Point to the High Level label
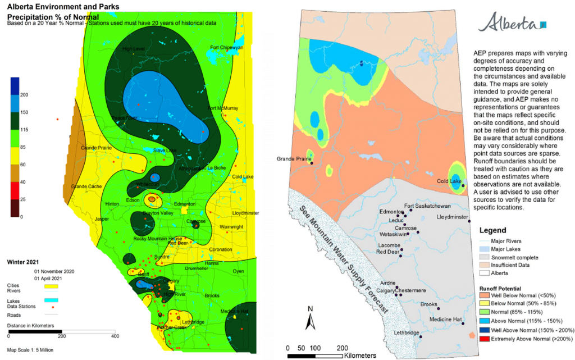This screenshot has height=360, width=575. (x=133, y=49)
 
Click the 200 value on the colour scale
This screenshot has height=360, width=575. (x=24, y=94)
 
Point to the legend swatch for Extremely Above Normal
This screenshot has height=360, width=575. (x=485, y=339)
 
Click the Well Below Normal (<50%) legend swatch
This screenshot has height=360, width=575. (x=485, y=294)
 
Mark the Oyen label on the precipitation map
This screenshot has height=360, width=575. (x=239, y=271)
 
